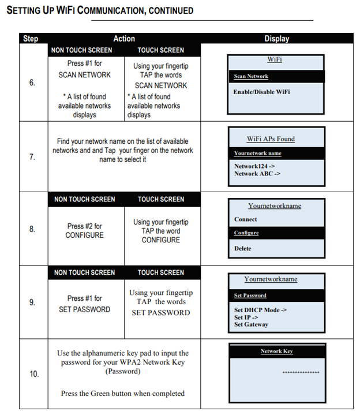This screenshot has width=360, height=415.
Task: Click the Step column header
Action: tap(31, 39)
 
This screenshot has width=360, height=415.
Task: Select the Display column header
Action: tap(277, 39)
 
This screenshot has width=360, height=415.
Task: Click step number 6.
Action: tap(32, 83)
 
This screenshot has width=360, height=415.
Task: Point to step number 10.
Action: tap(34, 374)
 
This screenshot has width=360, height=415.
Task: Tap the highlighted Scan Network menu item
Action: tap(251, 76)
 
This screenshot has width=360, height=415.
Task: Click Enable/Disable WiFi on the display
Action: tap(261, 92)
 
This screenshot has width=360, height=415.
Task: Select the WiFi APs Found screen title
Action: tap(271, 139)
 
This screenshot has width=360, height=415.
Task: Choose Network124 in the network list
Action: tap(254, 166)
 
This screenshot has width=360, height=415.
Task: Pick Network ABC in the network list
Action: tap(257, 174)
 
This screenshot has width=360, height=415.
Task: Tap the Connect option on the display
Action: tap(245, 219)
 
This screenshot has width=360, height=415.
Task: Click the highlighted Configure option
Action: tap(246, 233)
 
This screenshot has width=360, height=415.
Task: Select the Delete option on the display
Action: tap(242, 249)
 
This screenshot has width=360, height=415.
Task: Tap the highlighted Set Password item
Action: tap(250, 296)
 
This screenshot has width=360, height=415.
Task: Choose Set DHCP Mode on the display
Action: tap(260, 310)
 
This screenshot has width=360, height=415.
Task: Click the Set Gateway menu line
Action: tap(251, 324)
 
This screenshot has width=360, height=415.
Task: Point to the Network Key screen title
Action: tap(277, 351)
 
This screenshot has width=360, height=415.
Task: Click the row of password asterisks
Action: tap(301, 373)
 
